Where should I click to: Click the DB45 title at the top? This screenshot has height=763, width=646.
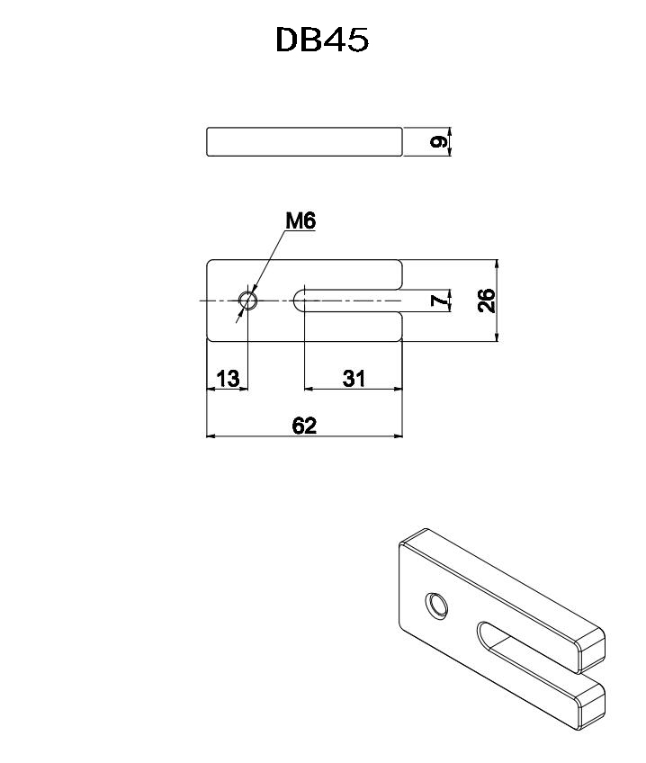tap(322, 40)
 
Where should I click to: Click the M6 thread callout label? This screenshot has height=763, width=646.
tap(301, 221)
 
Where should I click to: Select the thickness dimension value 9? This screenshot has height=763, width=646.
tap(438, 142)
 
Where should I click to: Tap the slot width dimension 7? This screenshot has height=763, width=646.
tap(439, 301)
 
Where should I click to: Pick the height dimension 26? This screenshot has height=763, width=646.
tap(486, 301)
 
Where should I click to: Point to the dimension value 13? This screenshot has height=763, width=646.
tap(228, 378)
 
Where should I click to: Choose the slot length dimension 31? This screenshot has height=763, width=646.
tap(354, 378)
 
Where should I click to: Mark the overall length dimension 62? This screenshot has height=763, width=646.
tap(304, 426)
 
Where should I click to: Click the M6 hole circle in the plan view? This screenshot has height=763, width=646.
tap(248, 301)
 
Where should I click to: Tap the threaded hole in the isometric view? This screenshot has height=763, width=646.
tap(436, 606)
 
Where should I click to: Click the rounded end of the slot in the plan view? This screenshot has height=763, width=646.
tap(300, 301)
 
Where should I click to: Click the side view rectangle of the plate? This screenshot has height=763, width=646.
tap(304, 141)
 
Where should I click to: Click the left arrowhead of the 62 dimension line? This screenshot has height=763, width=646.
tap(211, 435)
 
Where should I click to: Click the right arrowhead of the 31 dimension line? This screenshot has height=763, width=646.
tap(399, 389)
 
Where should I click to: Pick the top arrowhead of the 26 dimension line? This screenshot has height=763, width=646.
tap(497, 264)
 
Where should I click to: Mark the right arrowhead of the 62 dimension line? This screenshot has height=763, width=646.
tap(399, 435)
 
